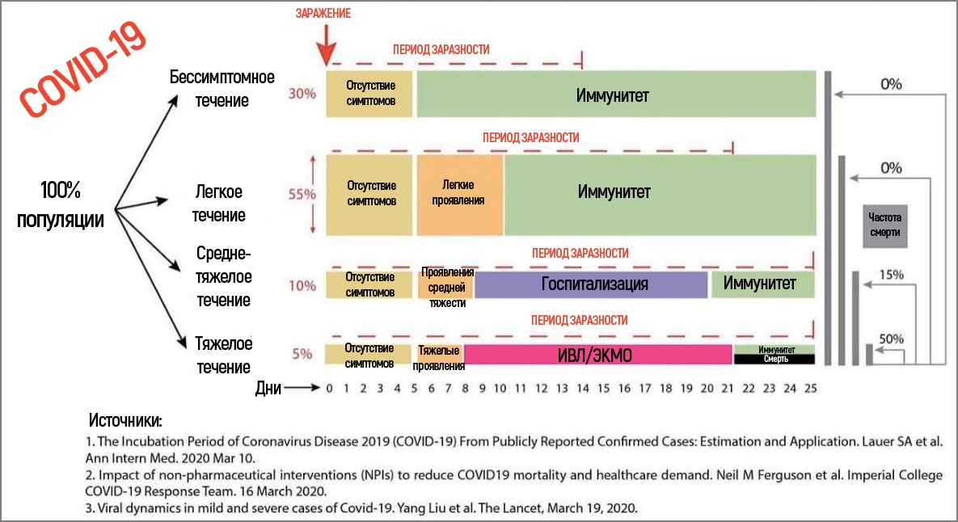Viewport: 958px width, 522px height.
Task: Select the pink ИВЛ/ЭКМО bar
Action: (x=598, y=354)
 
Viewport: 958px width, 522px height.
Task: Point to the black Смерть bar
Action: (x=773, y=359)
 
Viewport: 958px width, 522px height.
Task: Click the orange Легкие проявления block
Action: (x=459, y=194)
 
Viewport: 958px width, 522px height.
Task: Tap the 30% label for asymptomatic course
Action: (x=302, y=93)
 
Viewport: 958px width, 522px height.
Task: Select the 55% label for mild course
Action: (x=302, y=194)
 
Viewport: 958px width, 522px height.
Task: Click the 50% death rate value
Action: (x=891, y=339)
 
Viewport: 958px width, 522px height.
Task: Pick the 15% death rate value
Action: (x=891, y=275)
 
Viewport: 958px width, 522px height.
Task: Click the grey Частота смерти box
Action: (x=884, y=225)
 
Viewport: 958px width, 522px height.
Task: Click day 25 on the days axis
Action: (x=810, y=388)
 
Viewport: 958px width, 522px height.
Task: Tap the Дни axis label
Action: (x=268, y=388)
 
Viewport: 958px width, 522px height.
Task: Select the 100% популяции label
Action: (x=61, y=205)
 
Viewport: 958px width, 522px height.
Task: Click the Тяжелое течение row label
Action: (x=223, y=356)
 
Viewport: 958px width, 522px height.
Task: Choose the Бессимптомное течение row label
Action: (x=222, y=88)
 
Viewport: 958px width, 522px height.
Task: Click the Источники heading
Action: (x=125, y=421)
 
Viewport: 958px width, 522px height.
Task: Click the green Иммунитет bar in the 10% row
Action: (x=761, y=284)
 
